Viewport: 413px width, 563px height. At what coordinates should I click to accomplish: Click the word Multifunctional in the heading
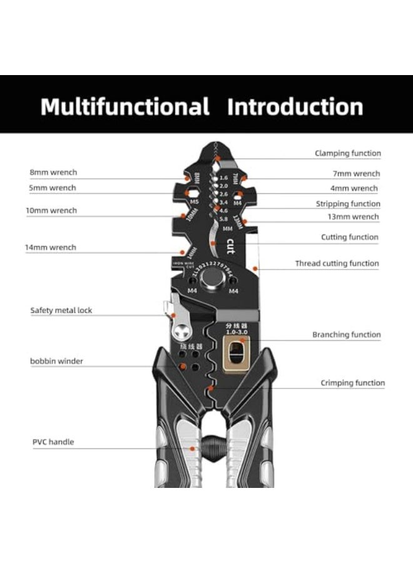coord(125,106)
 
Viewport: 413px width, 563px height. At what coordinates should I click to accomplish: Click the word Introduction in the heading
coord(295,106)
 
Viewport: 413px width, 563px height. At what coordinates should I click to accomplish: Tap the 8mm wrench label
coord(53,172)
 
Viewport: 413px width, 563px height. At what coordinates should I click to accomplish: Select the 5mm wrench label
coord(53,188)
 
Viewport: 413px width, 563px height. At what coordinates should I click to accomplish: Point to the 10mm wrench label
coord(51,210)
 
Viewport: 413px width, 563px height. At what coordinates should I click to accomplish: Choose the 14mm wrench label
coord(51,247)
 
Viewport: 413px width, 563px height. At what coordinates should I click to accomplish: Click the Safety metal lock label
coord(61,310)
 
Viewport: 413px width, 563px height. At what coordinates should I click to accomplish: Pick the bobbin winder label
coord(56,361)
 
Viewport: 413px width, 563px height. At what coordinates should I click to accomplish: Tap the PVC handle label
coord(53,442)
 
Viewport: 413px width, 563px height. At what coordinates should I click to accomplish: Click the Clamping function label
coord(347,153)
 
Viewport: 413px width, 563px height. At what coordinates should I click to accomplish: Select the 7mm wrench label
coord(356,174)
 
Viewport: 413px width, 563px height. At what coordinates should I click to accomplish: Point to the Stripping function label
coord(348,204)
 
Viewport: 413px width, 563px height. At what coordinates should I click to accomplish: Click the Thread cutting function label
coord(337,264)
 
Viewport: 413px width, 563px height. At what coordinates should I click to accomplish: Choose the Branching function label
coord(347,335)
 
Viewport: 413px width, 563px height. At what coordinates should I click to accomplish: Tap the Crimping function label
coord(352,383)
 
